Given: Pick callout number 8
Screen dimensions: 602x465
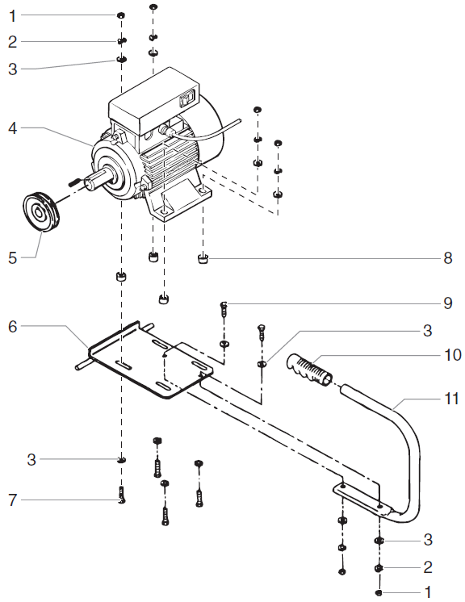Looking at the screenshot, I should click(x=447, y=259).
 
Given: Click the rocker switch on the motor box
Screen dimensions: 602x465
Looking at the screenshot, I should click(x=185, y=101).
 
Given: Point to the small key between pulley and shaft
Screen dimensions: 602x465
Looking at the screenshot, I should click(x=71, y=181).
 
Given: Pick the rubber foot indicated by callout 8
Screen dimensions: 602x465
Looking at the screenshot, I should click(x=203, y=259).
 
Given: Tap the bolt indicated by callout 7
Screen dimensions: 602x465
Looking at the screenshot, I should click(x=121, y=494).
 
